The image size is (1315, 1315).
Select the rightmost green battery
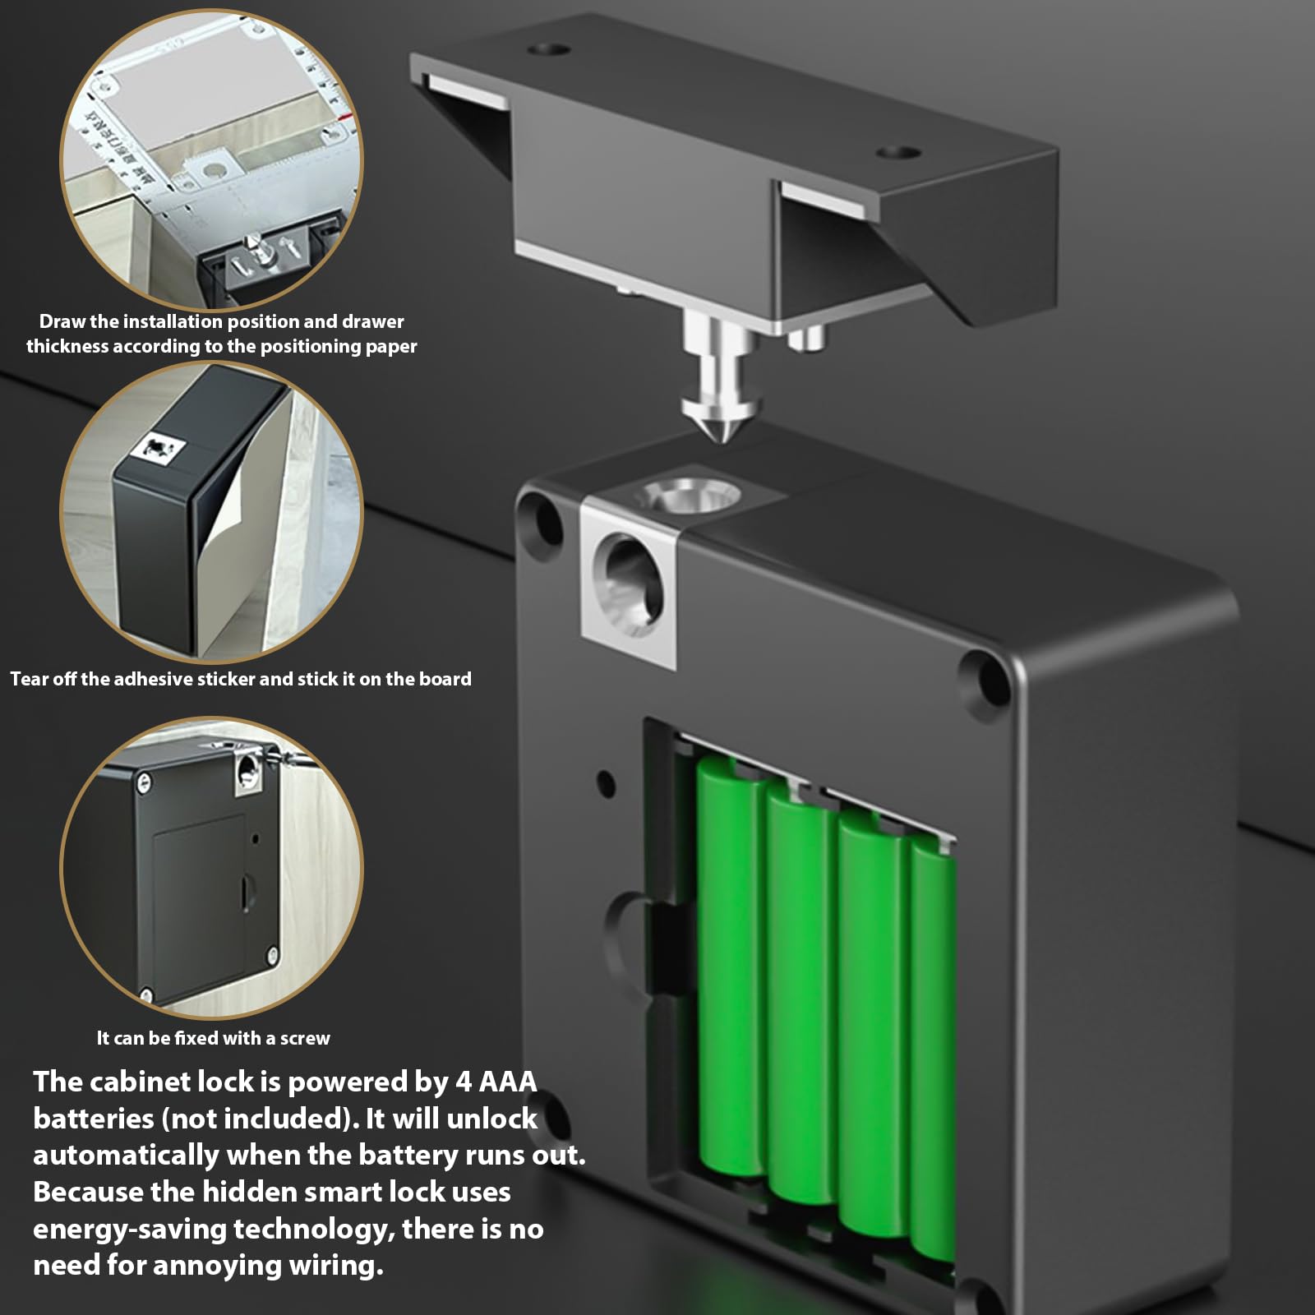coord(934,1052)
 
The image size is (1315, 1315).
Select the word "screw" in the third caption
coord(305,1039)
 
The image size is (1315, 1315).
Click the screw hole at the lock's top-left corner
coord(540,514)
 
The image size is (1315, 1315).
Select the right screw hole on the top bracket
coord(898,152)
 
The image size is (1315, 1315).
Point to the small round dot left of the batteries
coord(606,782)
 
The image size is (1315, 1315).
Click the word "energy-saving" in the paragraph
coord(129,1230)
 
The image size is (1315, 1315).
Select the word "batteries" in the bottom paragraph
coord(93,1119)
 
